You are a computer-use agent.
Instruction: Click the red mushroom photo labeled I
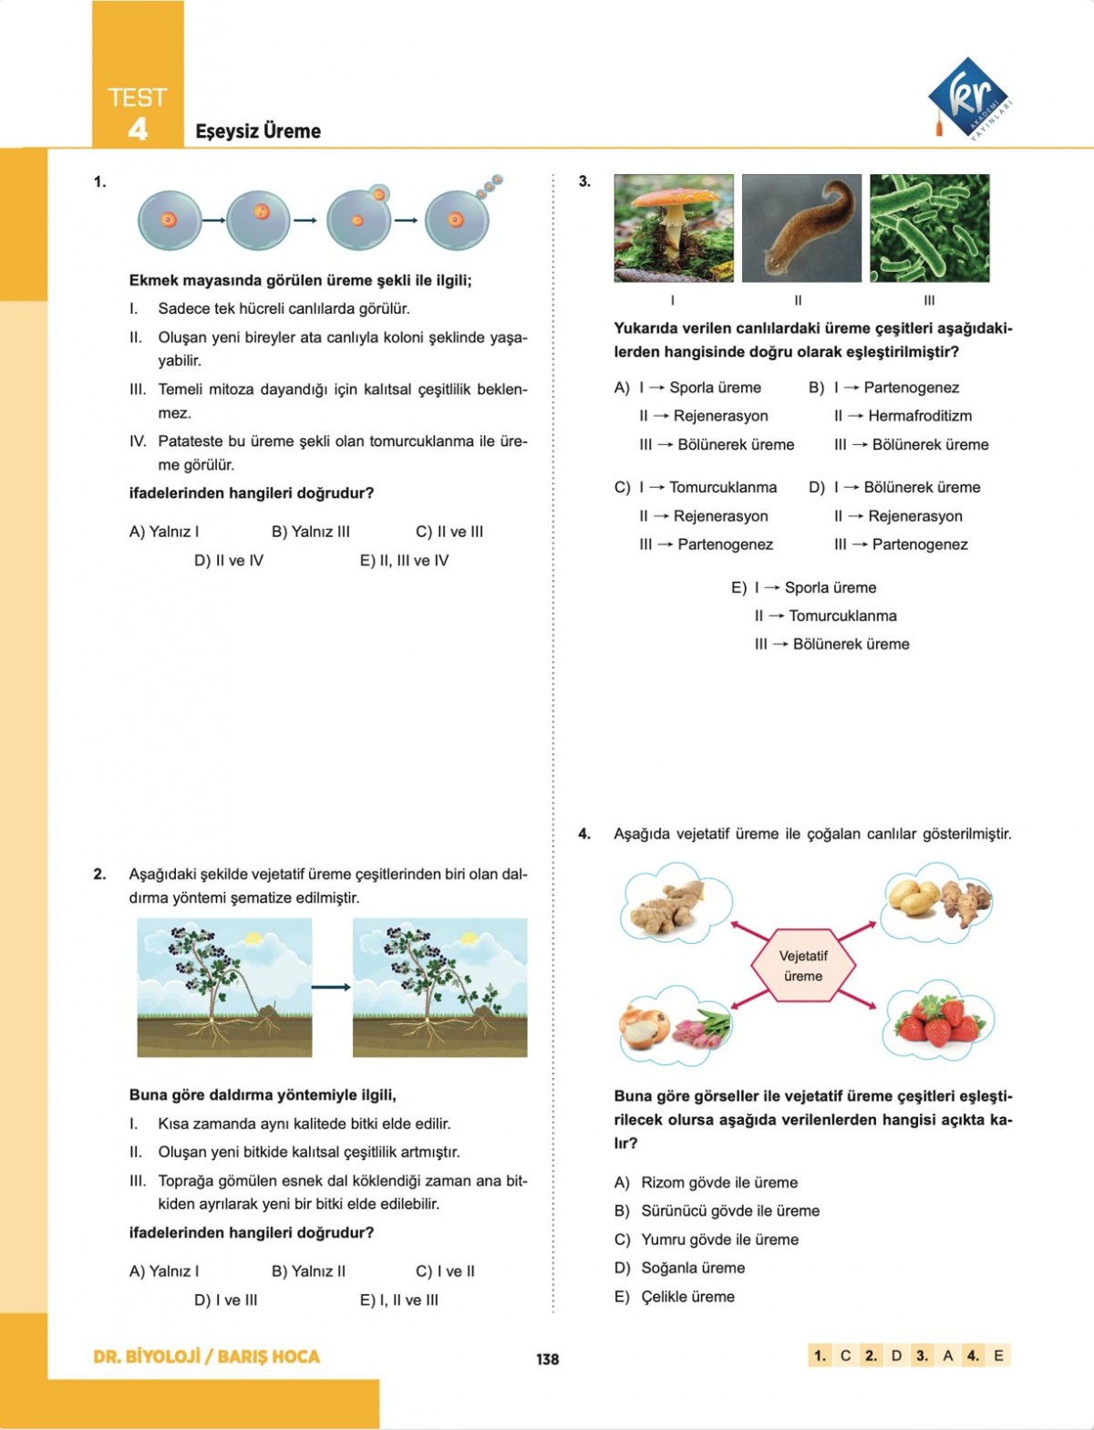[x=674, y=228]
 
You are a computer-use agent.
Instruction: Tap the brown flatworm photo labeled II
[x=801, y=228]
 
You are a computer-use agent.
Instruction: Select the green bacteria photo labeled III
[x=929, y=228]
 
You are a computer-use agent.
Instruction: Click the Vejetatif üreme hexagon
[x=803, y=966]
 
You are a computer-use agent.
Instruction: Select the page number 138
[x=547, y=1359]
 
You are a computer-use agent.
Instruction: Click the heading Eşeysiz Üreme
[x=258, y=131]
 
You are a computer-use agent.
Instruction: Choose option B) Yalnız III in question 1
[x=310, y=532]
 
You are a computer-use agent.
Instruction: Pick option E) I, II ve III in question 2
[x=398, y=1300]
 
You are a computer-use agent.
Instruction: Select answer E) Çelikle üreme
[x=675, y=1296]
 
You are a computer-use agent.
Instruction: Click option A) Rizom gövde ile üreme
[x=707, y=1182]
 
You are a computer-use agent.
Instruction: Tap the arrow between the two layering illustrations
[x=331, y=987]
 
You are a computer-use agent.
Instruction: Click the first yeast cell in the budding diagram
[x=170, y=220]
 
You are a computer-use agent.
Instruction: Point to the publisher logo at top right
[x=970, y=98]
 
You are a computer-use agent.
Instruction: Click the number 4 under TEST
[x=137, y=129]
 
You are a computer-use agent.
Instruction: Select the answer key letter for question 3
[x=948, y=1355]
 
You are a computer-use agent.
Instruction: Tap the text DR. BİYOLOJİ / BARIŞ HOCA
[x=207, y=1356]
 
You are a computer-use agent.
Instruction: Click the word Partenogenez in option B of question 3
[x=911, y=388]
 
